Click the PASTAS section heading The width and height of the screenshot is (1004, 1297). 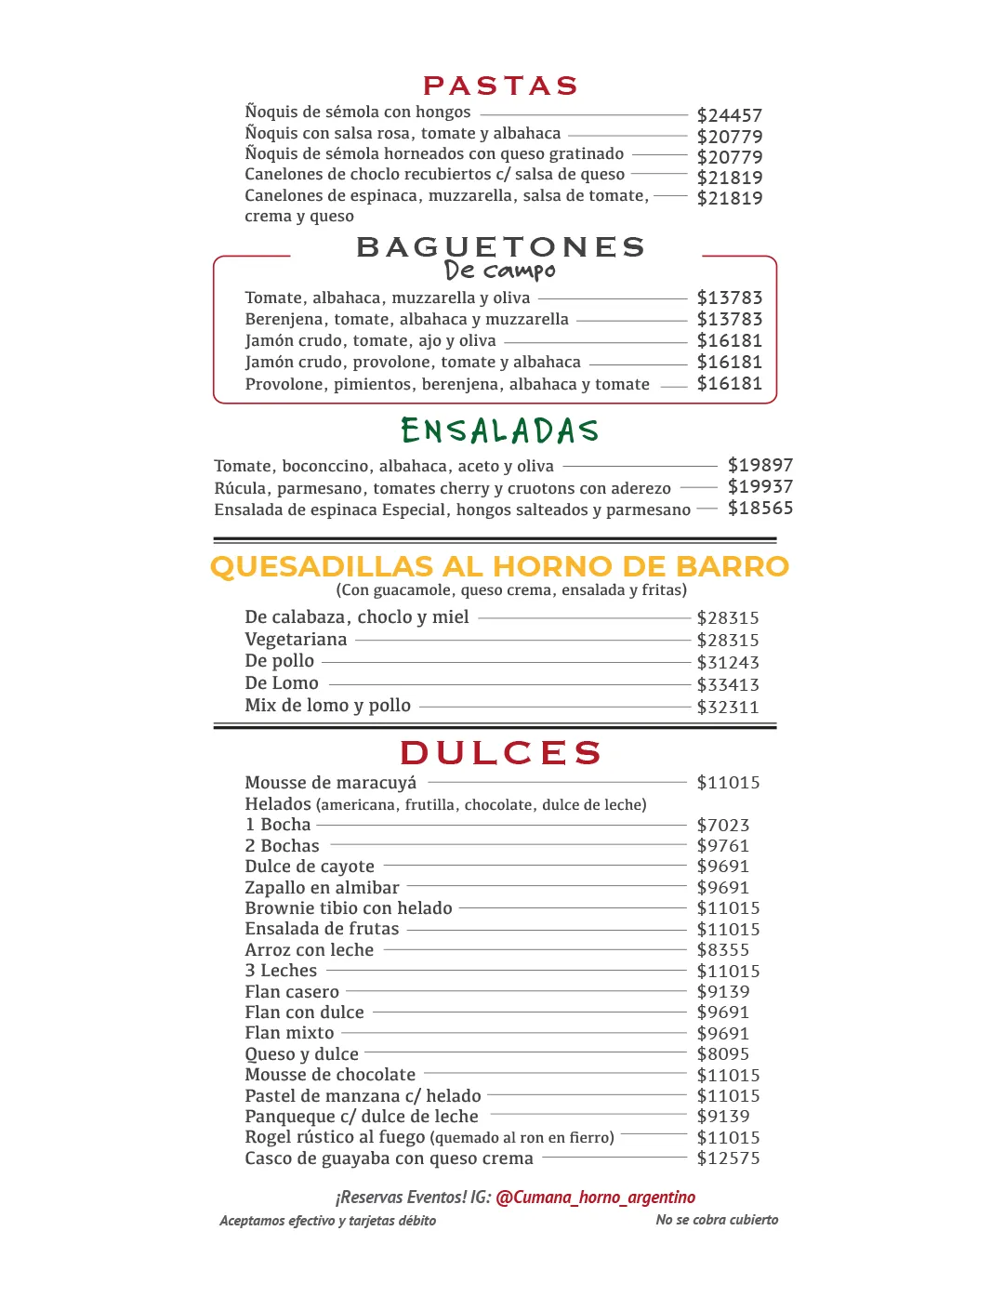click(500, 86)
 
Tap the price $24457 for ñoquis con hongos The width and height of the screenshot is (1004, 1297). click(729, 115)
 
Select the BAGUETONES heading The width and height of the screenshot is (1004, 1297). click(500, 247)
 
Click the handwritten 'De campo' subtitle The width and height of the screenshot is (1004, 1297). click(500, 271)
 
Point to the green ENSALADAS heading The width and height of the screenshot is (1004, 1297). click(500, 430)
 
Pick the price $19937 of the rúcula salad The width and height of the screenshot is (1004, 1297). click(760, 486)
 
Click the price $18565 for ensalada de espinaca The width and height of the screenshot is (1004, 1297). click(760, 508)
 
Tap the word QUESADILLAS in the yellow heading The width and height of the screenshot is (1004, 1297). click(322, 566)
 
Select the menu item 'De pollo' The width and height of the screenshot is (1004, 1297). click(279, 661)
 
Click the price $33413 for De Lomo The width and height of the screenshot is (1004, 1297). click(728, 685)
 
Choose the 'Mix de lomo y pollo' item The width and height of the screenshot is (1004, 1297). click(327, 706)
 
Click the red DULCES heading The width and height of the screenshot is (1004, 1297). click(500, 752)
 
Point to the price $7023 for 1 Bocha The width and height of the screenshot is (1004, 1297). click(722, 826)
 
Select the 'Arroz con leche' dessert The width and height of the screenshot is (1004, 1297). click(309, 950)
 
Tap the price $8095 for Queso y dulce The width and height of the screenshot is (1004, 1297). click(722, 1054)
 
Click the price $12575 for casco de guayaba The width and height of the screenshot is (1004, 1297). click(728, 1158)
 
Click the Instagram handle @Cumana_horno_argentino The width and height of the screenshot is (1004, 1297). click(595, 1198)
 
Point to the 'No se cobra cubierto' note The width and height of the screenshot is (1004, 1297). click(717, 1220)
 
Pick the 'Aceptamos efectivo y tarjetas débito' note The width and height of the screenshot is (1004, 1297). click(327, 1221)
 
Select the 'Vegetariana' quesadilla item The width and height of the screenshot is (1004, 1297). click(296, 640)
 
